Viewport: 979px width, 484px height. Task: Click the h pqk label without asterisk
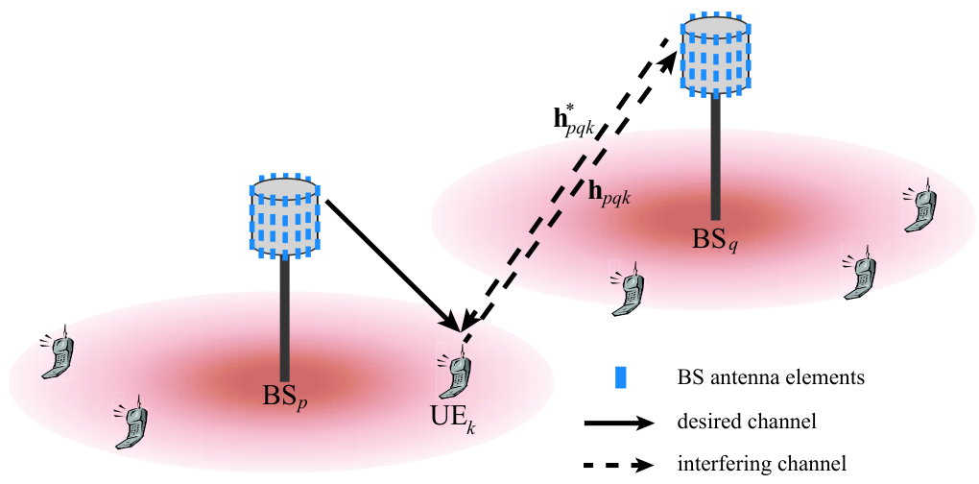pos(610,196)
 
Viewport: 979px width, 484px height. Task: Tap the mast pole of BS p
pos(285,320)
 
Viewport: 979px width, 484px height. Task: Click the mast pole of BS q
pos(715,158)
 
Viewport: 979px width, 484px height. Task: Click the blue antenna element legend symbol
pos(621,378)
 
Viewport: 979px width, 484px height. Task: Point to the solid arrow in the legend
pos(619,423)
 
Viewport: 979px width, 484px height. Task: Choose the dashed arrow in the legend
pos(619,465)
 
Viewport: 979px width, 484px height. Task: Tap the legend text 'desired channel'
pos(747,423)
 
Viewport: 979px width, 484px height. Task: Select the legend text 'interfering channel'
pos(762,464)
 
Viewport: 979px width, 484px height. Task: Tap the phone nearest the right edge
pos(919,205)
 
